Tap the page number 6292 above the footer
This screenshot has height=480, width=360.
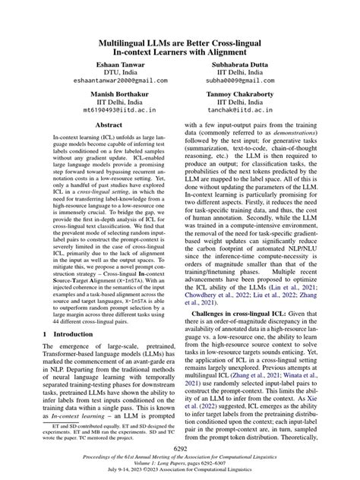coord(180,450)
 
